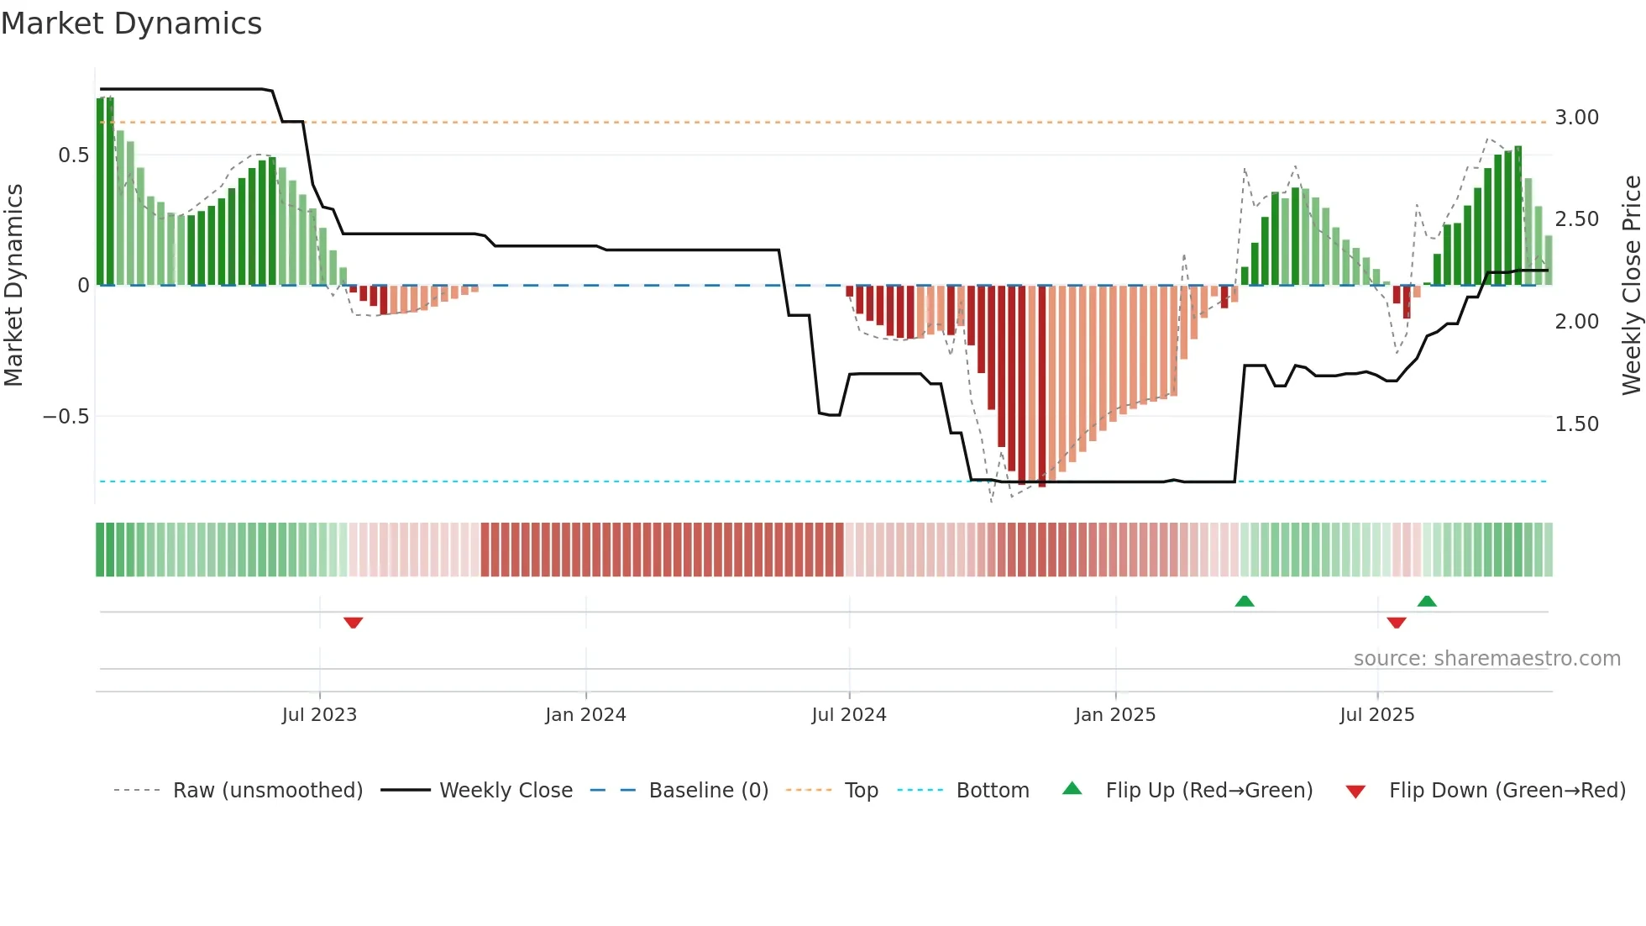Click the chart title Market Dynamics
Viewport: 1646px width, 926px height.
[x=132, y=24]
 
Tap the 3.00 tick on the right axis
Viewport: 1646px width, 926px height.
[x=1576, y=118]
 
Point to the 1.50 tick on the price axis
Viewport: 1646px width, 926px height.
[x=1576, y=424]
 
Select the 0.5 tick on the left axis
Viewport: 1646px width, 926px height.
[x=73, y=155]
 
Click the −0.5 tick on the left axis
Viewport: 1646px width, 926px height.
[x=66, y=417]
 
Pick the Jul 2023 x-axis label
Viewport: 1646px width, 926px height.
[x=319, y=715]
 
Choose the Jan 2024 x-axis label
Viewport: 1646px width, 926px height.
[x=585, y=715]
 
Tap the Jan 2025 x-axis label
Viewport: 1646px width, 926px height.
[x=1115, y=715]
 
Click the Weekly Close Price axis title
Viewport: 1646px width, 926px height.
[x=1631, y=286]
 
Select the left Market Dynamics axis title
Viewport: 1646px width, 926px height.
[x=14, y=286]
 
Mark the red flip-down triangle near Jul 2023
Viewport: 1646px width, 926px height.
[x=353, y=623]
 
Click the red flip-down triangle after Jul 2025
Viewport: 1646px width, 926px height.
[x=1397, y=623]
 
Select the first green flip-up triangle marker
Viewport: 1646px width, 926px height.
[x=1245, y=601]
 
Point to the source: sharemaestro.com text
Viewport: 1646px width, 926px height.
[x=1486, y=659]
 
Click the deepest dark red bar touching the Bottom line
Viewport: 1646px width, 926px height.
[x=1042, y=387]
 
